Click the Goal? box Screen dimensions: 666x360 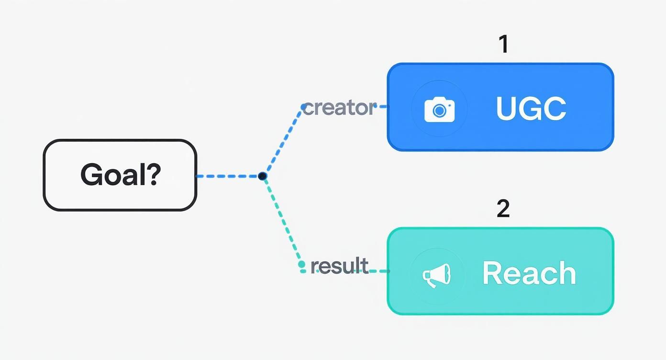(120, 175)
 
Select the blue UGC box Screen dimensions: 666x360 (500, 107)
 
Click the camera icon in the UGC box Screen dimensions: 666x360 (439, 110)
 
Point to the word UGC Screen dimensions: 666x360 (531, 108)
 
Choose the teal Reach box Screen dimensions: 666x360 (500, 271)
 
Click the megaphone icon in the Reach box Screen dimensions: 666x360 (436, 275)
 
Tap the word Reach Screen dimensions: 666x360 (529, 273)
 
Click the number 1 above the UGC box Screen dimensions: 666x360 (503, 44)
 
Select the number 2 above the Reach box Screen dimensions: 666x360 (503, 208)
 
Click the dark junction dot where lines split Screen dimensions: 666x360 (262, 176)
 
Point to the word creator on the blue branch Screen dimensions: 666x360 (339, 108)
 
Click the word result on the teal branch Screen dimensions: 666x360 (339, 266)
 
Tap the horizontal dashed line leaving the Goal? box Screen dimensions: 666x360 (227, 176)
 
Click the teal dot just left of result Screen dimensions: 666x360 (301, 264)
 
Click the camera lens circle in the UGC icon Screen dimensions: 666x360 (439, 111)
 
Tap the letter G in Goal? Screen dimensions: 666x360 (92, 174)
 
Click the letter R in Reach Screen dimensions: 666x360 (492, 273)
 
